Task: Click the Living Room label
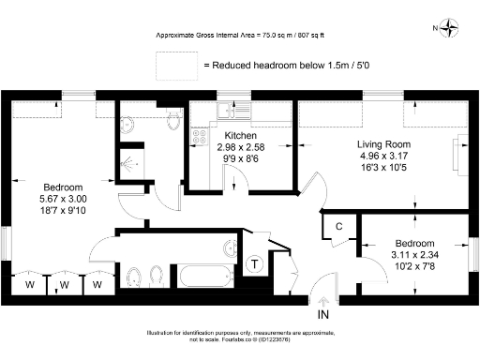383,144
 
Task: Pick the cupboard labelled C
337,227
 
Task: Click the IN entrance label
323,316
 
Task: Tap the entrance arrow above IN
323,301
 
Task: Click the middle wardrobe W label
65,284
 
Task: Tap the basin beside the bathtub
231,247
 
